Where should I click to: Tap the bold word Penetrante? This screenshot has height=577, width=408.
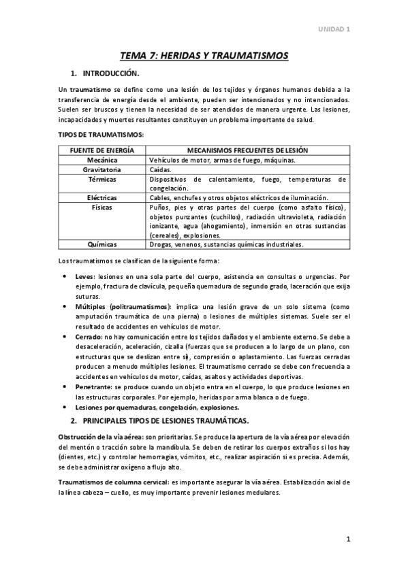pos(93,386)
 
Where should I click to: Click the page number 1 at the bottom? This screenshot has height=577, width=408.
pos(347,540)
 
